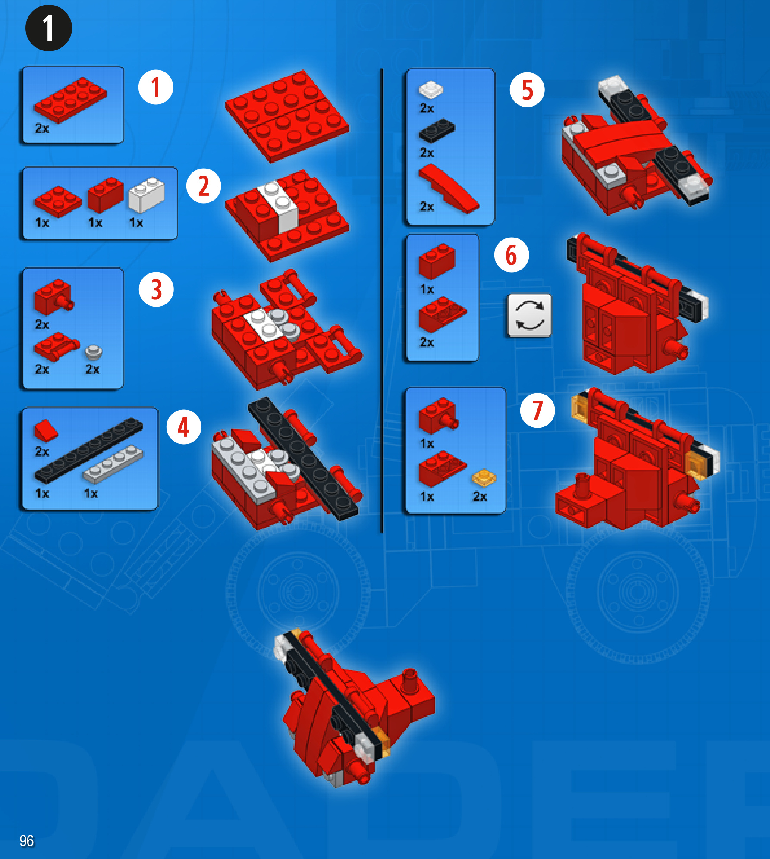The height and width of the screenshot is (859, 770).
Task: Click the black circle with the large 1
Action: (x=49, y=28)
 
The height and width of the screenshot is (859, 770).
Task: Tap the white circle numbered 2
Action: (x=204, y=186)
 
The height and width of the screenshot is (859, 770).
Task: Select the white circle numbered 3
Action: (x=156, y=289)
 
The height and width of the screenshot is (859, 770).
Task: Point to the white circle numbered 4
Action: (x=184, y=427)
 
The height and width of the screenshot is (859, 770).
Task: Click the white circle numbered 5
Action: (x=527, y=90)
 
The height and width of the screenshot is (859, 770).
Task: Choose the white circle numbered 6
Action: (x=512, y=255)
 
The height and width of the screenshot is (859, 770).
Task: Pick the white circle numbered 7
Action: (x=537, y=410)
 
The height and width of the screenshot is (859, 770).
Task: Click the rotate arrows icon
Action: (x=530, y=316)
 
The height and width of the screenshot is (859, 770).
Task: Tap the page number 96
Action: (x=26, y=840)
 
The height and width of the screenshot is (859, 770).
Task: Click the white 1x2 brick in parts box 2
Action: (x=147, y=194)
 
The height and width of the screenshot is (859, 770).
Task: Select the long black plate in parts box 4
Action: (x=88, y=450)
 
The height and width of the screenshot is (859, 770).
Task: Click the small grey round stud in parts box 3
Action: (x=94, y=352)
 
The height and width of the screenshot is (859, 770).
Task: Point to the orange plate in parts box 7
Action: (x=484, y=477)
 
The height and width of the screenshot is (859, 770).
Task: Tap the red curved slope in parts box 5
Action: (x=449, y=189)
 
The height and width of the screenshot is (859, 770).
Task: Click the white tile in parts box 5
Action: (x=431, y=89)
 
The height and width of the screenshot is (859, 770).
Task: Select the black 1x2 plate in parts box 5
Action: (x=437, y=130)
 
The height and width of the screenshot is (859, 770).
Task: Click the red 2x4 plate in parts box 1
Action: (x=70, y=100)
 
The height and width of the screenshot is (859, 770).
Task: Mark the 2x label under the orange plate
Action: (x=480, y=496)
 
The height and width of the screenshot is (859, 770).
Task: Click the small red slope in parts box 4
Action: (x=45, y=431)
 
